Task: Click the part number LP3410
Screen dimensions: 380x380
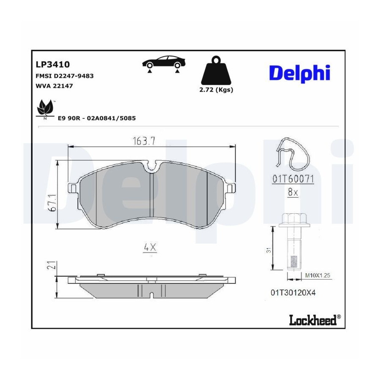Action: pos(53,65)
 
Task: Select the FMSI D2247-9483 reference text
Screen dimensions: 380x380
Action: pos(65,76)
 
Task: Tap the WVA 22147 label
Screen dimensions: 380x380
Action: pos(54,86)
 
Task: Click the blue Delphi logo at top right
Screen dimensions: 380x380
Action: pos(299,73)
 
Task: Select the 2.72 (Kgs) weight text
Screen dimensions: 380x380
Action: pos(216,90)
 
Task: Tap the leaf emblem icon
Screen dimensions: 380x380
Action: pos(45,109)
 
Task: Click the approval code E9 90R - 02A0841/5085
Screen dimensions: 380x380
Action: pos(97,118)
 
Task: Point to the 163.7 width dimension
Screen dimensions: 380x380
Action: pos(144,141)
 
